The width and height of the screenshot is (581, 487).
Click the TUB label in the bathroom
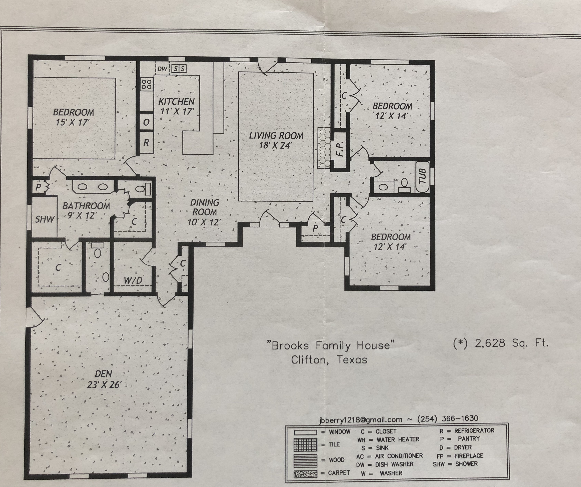[423, 176]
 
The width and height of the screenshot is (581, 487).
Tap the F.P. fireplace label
[340, 149]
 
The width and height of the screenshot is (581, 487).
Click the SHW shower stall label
[45, 219]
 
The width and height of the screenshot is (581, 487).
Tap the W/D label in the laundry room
[133, 280]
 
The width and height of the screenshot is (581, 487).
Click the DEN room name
[103, 374]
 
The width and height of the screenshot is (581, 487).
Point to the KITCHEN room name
[176, 102]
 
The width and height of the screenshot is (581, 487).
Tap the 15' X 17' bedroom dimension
[72, 122]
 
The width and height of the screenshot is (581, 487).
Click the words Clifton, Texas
[329, 360]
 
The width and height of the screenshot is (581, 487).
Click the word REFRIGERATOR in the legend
[474, 431]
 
